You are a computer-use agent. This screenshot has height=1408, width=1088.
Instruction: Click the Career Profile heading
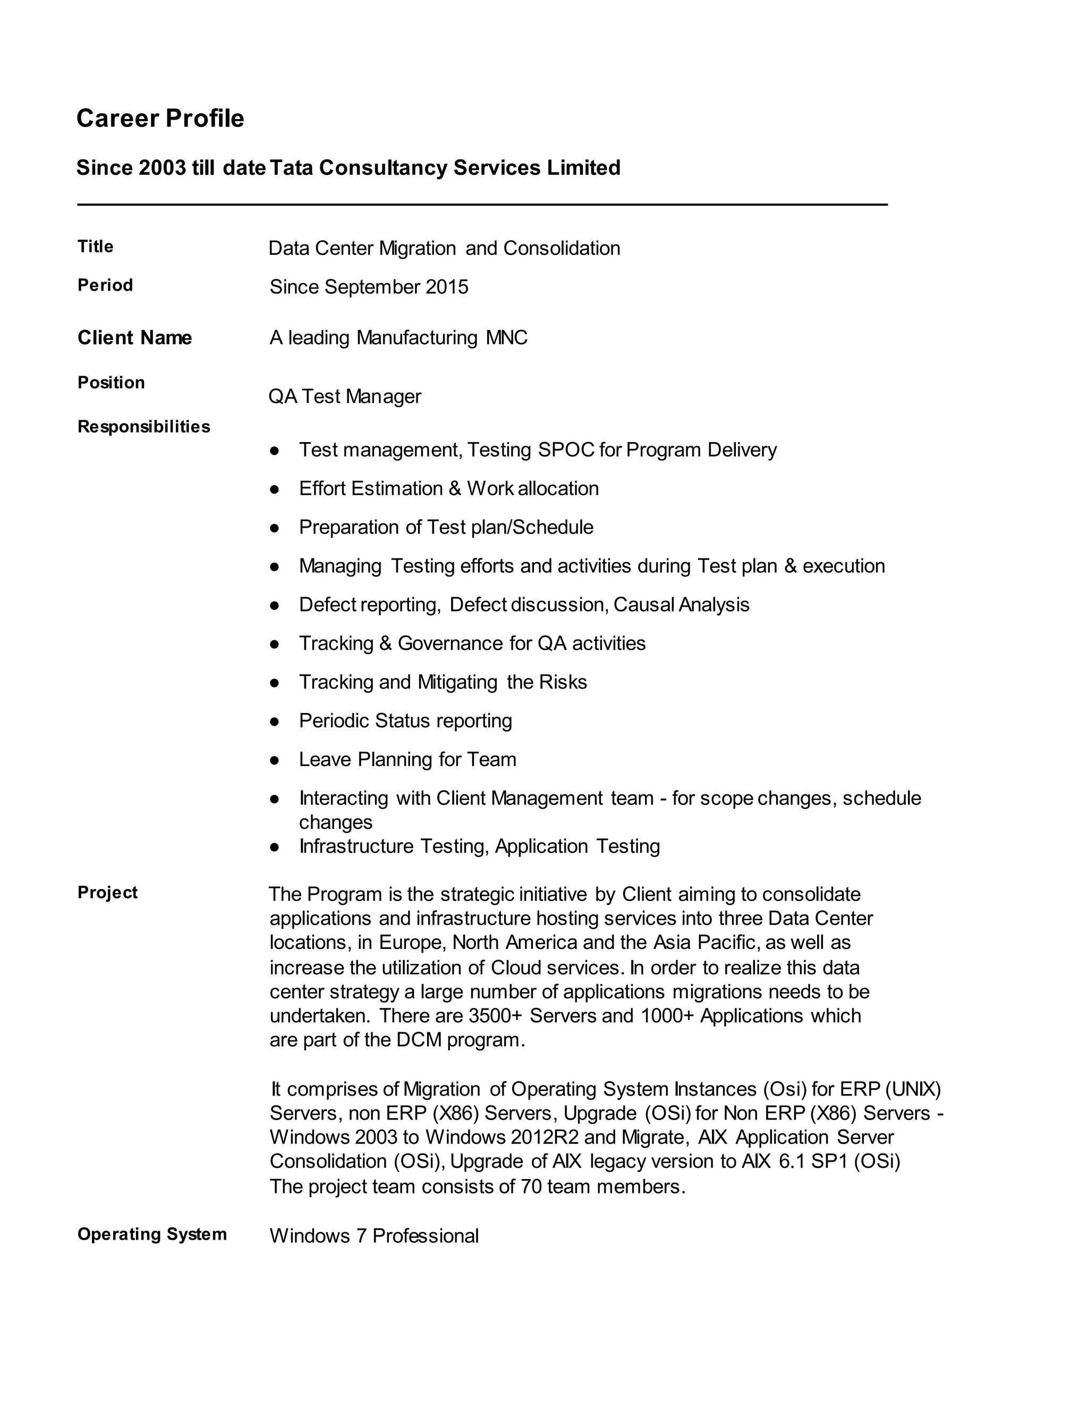click(160, 118)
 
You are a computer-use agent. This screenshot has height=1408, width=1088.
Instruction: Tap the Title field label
click(96, 247)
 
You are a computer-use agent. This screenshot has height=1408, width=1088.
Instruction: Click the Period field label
click(105, 285)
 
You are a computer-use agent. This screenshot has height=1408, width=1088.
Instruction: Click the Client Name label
click(135, 337)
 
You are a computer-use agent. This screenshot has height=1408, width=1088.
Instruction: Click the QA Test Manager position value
click(345, 396)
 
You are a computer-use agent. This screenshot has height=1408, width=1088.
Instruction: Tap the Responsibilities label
click(144, 427)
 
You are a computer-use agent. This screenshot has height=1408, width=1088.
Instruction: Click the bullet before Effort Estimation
click(275, 489)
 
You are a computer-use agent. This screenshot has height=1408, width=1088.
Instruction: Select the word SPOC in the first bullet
click(566, 450)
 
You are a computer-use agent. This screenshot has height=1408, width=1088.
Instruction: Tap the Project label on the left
click(108, 892)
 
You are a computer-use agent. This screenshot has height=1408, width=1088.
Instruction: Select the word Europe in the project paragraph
click(412, 943)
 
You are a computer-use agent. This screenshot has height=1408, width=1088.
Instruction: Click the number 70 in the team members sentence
click(531, 1186)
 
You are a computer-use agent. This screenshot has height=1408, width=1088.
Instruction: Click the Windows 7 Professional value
click(374, 1236)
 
